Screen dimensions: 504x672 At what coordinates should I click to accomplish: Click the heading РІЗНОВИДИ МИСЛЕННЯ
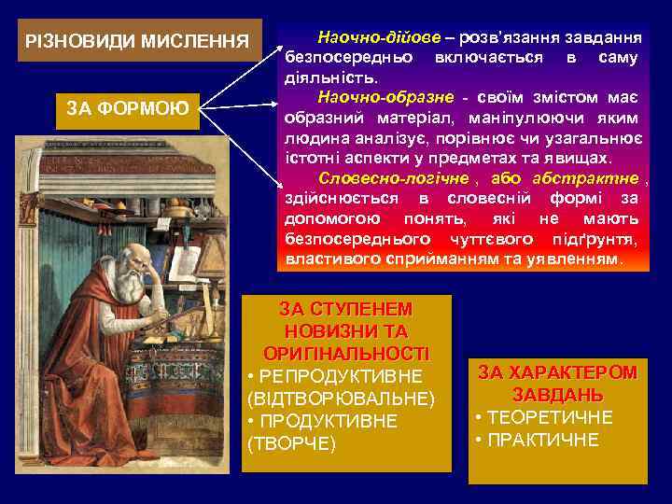(x=137, y=42)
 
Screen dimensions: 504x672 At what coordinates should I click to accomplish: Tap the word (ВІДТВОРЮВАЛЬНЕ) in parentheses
(x=341, y=399)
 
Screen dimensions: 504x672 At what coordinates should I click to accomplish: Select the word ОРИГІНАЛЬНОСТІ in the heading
(x=346, y=354)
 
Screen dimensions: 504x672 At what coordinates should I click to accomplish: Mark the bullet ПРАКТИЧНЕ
(x=542, y=440)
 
